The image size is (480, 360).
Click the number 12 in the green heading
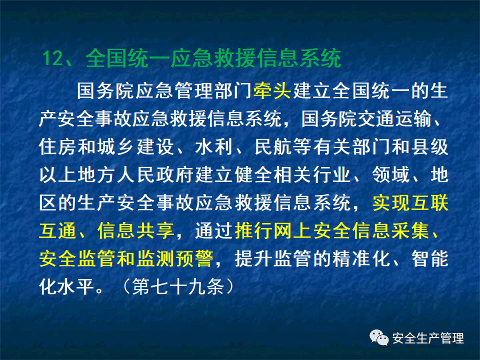[52, 58]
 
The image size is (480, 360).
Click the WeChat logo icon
[379, 338]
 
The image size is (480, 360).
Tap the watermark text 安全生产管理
[428, 338]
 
